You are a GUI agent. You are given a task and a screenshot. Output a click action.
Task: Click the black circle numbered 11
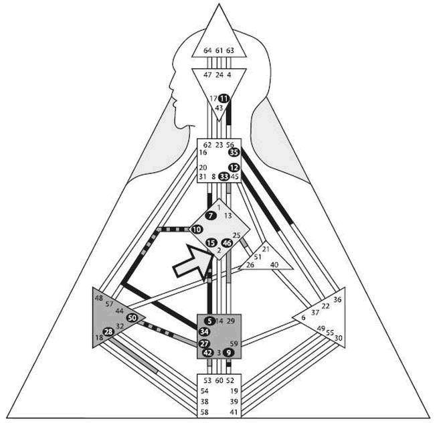pos(224,98)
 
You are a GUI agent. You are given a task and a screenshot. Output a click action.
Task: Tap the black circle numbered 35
pos(234,153)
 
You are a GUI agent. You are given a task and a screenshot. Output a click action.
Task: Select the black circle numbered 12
pos(234,167)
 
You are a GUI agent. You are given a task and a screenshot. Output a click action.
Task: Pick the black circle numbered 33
pos(224,177)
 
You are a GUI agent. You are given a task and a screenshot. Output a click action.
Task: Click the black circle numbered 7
pos(211,216)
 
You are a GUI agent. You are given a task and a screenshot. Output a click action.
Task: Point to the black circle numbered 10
pos(197,230)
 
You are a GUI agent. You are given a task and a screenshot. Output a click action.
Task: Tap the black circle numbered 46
pos(227,243)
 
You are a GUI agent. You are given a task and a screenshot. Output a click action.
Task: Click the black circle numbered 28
pos(109,332)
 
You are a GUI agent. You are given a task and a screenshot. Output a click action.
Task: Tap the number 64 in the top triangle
pos(207,50)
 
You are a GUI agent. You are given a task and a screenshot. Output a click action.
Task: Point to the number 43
pos(219,108)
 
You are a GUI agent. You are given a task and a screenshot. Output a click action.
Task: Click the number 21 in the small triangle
pos(266,250)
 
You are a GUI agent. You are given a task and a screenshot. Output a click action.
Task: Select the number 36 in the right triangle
pos(337,300)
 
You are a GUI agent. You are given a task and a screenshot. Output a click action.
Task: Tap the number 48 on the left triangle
pos(99,298)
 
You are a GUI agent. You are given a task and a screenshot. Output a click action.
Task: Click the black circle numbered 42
pos(207,352)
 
